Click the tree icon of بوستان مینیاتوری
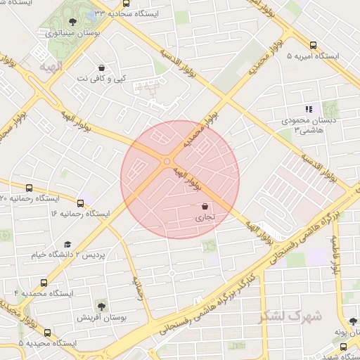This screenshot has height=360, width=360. pos(73,22)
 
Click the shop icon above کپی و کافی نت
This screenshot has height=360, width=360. pos(103,67)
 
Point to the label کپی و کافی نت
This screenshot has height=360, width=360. pos(103,78)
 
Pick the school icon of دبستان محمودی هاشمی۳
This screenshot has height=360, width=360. pos(308,109)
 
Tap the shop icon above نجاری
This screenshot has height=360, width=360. pos(205,207)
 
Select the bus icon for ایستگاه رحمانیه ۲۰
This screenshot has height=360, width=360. pos(29,188)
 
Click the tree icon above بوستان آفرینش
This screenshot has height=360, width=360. pos(102,306)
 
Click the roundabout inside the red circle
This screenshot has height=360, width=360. pos(167,162)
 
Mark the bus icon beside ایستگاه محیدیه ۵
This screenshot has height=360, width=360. pos(46,333)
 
